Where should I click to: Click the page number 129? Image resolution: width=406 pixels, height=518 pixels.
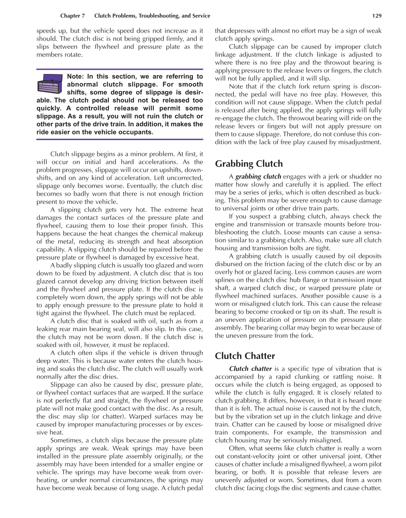pos(376,16)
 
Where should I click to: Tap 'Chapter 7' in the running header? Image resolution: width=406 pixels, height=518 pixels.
pos(72,16)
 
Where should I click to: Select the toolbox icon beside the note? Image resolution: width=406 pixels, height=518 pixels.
pos(50,84)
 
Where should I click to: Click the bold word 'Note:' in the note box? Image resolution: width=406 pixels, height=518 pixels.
pos(76,76)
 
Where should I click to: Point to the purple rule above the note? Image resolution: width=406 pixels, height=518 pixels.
pos(119,69)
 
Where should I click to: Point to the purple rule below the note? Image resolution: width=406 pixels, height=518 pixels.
pos(119,140)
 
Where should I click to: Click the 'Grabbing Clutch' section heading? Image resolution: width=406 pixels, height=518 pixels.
pos(249,164)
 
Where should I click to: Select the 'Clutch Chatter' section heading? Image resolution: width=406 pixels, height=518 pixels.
pos(245,356)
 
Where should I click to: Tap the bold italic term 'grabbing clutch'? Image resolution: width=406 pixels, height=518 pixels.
pos(258,177)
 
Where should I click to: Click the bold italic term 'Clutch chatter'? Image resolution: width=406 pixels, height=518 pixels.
pos(250,369)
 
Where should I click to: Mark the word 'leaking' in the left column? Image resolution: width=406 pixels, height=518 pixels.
pos(47,329)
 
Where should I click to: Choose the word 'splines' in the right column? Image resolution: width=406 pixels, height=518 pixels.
pos(224,280)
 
